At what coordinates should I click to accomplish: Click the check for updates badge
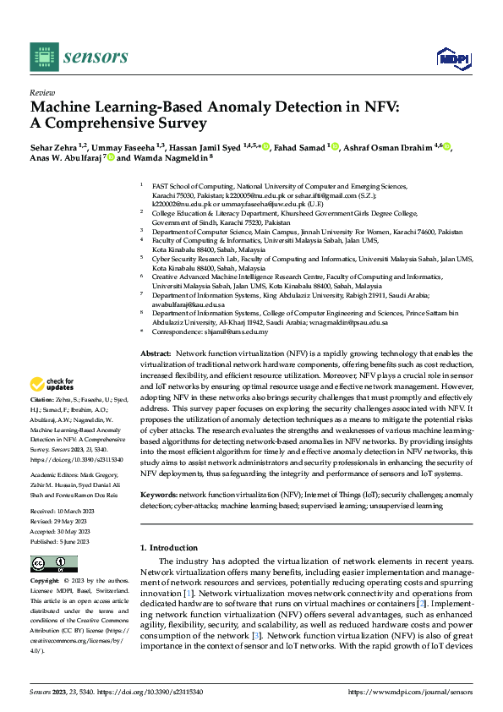tap(52, 384)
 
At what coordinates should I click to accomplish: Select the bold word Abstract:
tap(156, 352)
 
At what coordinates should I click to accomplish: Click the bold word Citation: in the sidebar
tap(43, 398)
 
